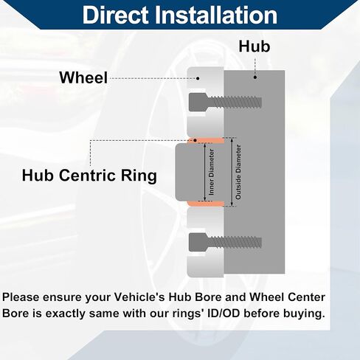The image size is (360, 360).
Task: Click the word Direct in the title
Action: pyautogui.click(x=116, y=15)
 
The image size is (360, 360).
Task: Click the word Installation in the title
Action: pyautogui.click(x=217, y=15)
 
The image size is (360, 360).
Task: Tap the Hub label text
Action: pyautogui.click(x=255, y=46)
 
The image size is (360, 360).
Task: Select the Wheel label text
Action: pyautogui.click(x=83, y=77)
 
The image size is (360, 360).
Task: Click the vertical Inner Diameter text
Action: pyautogui.click(x=211, y=172)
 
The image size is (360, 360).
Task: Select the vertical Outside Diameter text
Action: pyautogui.click(x=238, y=172)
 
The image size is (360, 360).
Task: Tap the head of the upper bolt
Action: pyautogui.click(x=198, y=102)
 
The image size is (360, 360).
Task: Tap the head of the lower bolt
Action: pyautogui.click(x=198, y=243)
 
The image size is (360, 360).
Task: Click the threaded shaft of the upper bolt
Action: pyautogui.click(x=235, y=103)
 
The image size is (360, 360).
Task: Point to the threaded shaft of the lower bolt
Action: pyautogui.click(x=235, y=243)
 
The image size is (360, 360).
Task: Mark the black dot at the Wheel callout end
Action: pyautogui.click(x=198, y=78)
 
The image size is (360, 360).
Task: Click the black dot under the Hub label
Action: pyautogui.click(x=255, y=77)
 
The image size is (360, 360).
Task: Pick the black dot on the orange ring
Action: pyautogui.click(x=195, y=140)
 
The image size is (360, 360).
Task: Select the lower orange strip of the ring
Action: pyautogui.click(x=205, y=204)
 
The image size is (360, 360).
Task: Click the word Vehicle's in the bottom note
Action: pyautogui.click(x=139, y=297)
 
